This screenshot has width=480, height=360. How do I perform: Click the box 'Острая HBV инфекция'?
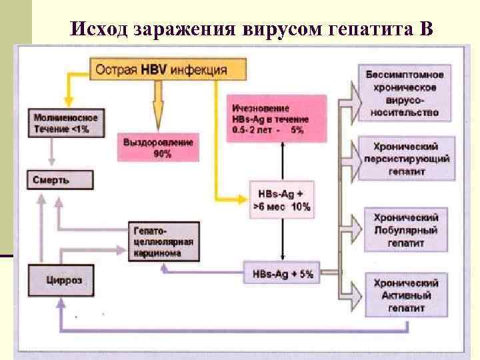coord(167,69)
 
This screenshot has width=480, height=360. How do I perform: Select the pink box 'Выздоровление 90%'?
coord(161,148)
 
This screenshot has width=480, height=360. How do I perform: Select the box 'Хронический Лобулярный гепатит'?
coord(406,231)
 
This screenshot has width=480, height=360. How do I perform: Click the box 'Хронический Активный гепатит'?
coord(406,295)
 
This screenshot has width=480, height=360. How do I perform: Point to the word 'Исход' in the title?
coord(99,29)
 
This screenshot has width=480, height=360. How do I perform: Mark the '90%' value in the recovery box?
coord(162,154)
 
